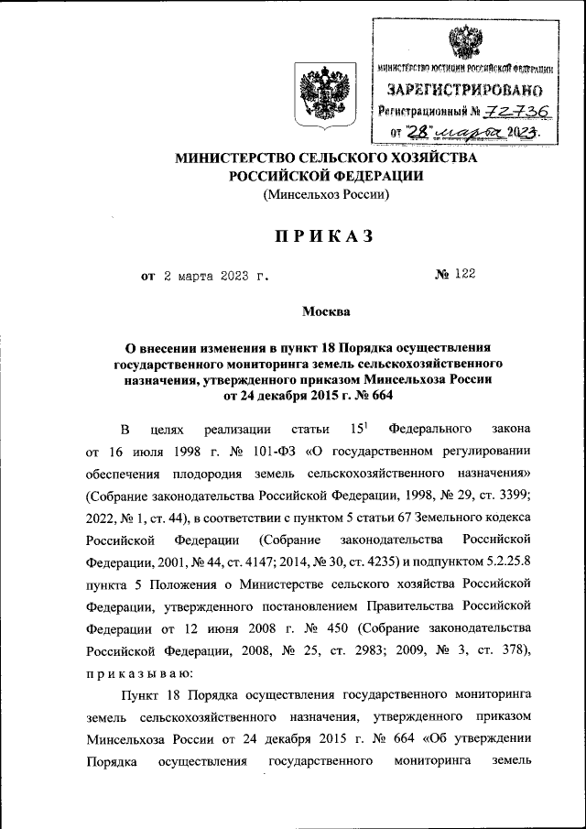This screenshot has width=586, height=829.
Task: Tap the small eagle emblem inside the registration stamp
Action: [x=462, y=40]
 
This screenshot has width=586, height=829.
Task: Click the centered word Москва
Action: [x=326, y=311]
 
